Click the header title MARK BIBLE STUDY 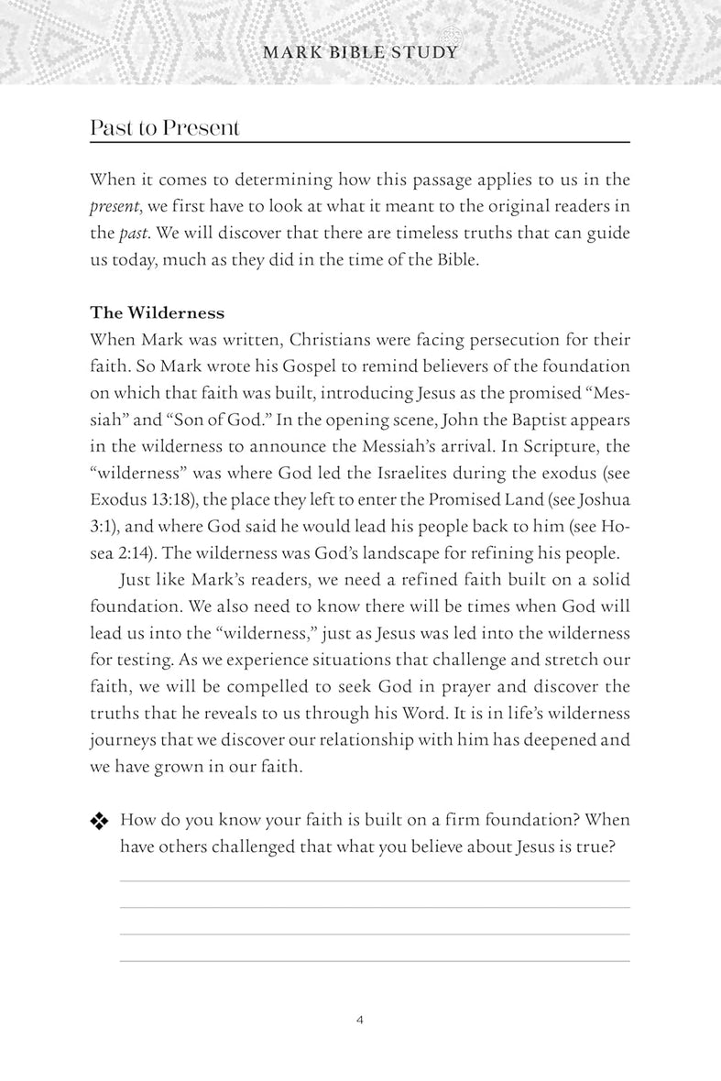(x=360, y=52)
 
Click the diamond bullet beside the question (x=99, y=822)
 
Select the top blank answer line (x=374, y=880)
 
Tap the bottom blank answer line (x=374, y=961)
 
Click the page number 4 (x=361, y=1020)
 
